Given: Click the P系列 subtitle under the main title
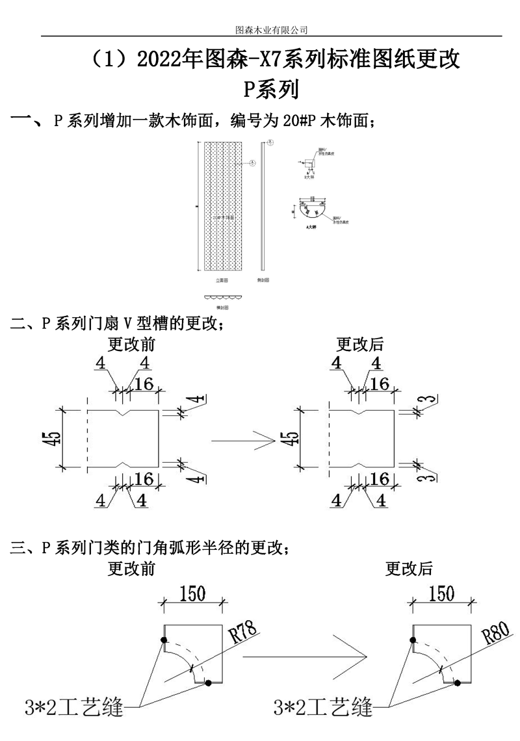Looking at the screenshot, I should click(270, 89).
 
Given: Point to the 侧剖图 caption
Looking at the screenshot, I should click(263, 280).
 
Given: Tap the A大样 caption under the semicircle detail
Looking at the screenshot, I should click(310, 227).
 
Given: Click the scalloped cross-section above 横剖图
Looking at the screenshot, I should click(222, 296).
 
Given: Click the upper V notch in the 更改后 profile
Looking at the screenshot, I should click(357, 413).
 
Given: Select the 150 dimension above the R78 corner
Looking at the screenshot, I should click(193, 593).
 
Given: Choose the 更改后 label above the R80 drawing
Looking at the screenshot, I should click(409, 569).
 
